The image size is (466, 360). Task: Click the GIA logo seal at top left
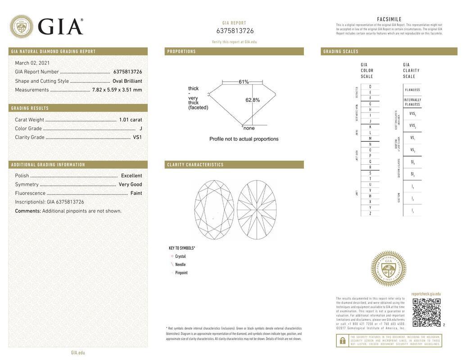(21, 27)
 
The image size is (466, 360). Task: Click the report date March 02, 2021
(32, 63)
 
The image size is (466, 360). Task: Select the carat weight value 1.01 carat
(131, 120)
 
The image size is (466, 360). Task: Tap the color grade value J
(141, 129)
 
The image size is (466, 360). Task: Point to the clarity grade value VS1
(137, 137)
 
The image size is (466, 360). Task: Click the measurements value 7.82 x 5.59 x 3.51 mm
(117, 90)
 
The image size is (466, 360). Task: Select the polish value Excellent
(131, 176)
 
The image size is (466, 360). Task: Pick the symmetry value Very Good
(130, 184)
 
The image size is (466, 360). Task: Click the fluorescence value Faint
(136, 193)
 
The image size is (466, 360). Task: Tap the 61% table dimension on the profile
(244, 82)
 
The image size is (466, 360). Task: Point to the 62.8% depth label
(253, 100)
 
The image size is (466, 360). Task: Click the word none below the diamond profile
(249, 128)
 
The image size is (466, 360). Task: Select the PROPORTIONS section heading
(182, 52)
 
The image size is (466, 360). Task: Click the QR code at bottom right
(426, 312)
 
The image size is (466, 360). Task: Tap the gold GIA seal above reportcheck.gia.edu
(388, 269)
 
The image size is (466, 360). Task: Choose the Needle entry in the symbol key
(180, 265)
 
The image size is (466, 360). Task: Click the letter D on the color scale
(370, 87)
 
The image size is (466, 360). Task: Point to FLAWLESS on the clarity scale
(412, 90)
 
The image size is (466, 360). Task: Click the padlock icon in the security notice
(342, 341)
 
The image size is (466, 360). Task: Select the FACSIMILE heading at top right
(389, 19)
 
